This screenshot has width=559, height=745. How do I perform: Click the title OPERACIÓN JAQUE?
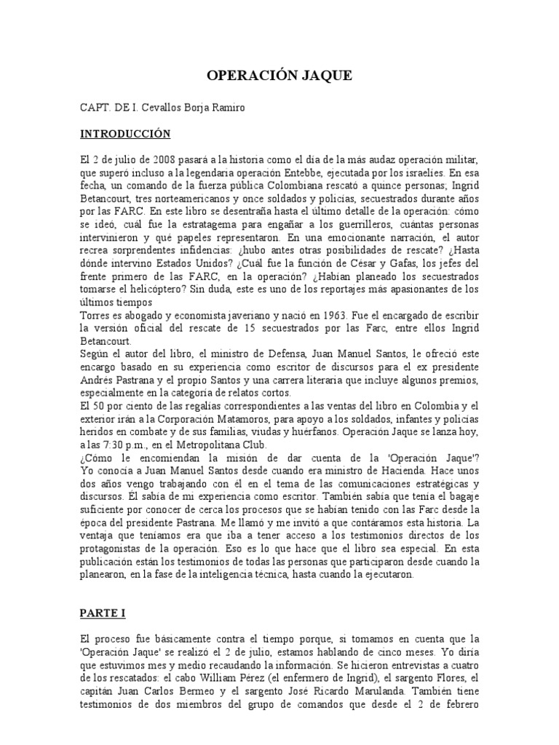coord(279,76)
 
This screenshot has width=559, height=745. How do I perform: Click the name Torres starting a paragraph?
coord(97,315)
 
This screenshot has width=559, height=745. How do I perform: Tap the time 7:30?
coord(116,445)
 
